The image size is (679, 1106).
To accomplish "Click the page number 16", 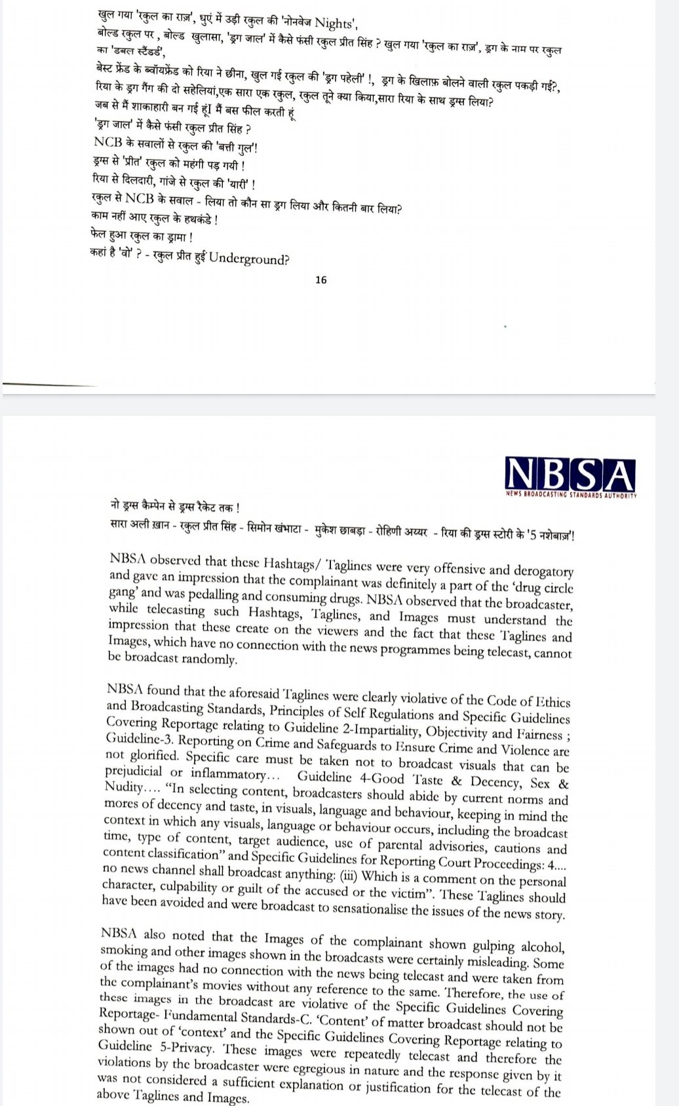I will [x=321, y=280].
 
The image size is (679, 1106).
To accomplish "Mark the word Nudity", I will [x=123, y=788].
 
